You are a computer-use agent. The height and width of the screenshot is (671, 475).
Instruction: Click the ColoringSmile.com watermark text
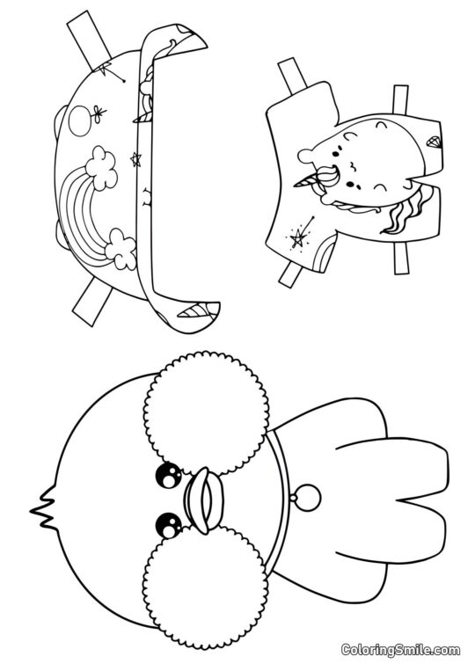[x=400, y=650]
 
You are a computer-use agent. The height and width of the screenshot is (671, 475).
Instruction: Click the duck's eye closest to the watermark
[x=164, y=525]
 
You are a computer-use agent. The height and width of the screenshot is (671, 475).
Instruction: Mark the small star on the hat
[x=135, y=159]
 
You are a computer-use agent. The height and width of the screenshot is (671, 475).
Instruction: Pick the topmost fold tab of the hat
[x=87, y=33]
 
